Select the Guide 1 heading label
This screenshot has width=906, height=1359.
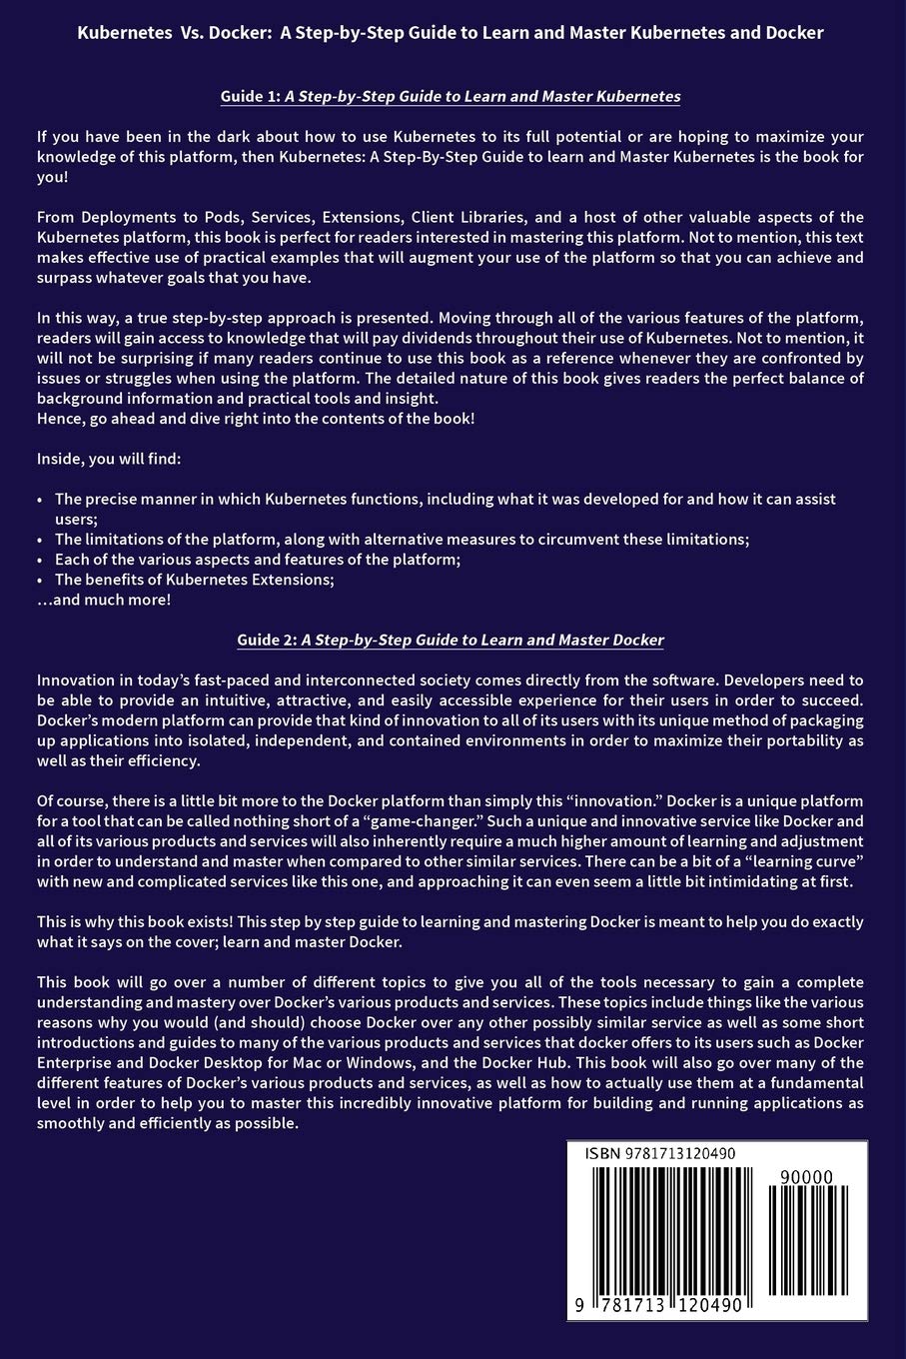click(x=251, y=97)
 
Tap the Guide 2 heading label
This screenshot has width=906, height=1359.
click(x=267, y=640)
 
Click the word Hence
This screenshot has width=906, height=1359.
click(x=60, y=418)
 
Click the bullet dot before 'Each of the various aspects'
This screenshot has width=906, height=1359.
click(x=40, y=560)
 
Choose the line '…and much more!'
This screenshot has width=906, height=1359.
click(x=104, y=600)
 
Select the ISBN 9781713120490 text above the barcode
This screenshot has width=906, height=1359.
click(x=660, y=1154)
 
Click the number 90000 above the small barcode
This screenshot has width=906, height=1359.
click(x=809, y=1178)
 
